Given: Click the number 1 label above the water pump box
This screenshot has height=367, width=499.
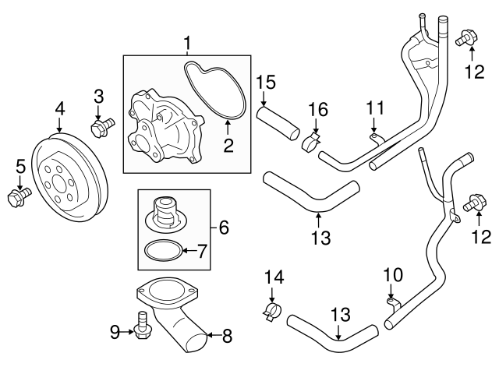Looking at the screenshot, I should coord(186,41).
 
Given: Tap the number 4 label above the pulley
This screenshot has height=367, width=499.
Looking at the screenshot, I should coord(59,108).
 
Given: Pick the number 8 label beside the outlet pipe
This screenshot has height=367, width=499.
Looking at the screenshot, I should coord(227,337).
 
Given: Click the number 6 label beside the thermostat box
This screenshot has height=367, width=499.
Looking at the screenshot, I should coord(223,228).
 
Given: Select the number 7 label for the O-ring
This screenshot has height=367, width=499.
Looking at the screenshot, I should coord(202,250).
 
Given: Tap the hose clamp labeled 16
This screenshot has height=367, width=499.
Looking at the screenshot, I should coord(312,142).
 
